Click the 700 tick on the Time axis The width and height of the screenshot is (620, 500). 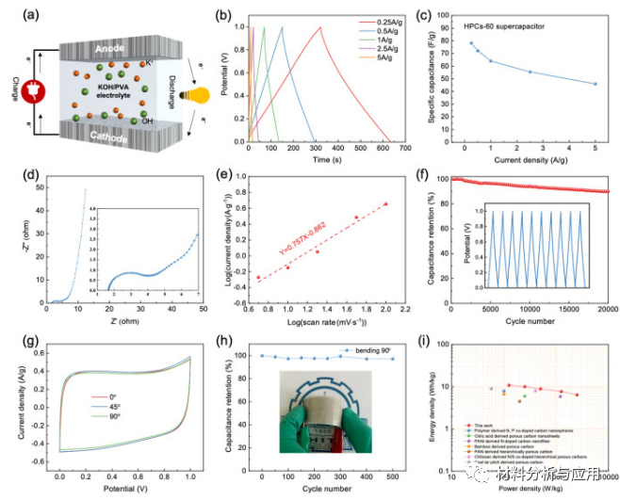(x=406, y=149)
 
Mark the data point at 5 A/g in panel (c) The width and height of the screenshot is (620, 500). (x=595, y=84)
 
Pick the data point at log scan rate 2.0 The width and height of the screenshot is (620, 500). (x=385, y=203)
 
